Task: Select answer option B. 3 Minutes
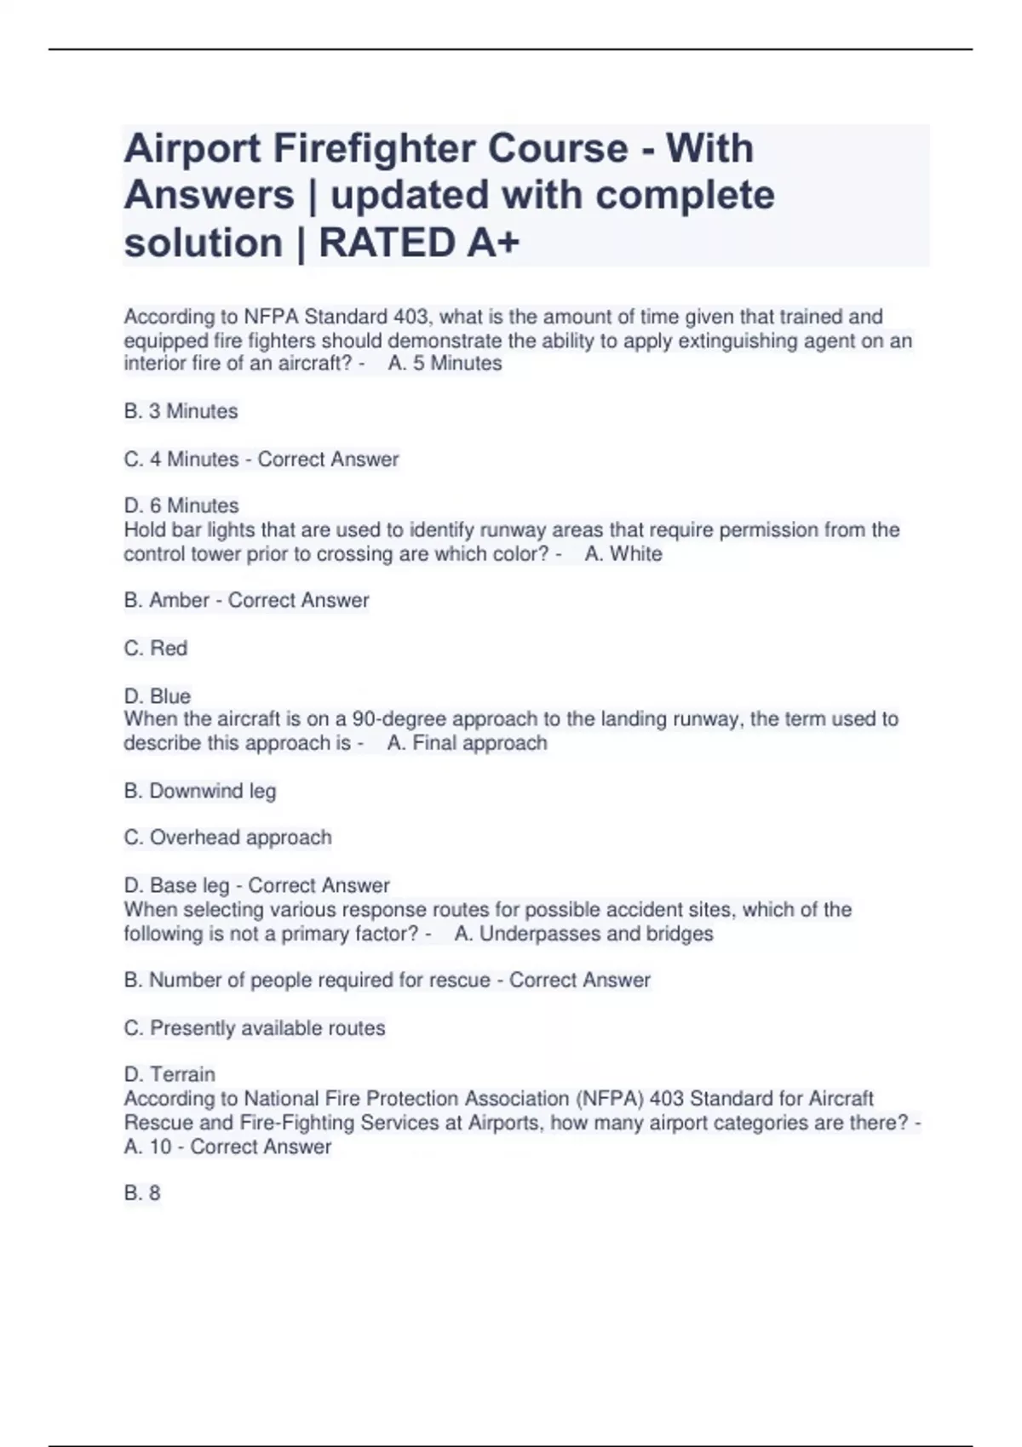tap(181, 411)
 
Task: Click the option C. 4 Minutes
tap(181, 460)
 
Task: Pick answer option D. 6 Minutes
tap(181, 506)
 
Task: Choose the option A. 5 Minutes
tap(445, 363)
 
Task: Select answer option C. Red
tap(156, 649)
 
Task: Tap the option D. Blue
tap(158, 696)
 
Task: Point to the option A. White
tap(623, 554)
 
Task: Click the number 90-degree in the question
tap(391, 719)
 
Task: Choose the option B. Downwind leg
tap(200, 792)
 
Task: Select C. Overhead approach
tap(227, 838)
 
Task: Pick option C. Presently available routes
tap(255, 1028)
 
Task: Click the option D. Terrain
tap(169, 1074)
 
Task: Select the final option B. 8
tap(142, 1193)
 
